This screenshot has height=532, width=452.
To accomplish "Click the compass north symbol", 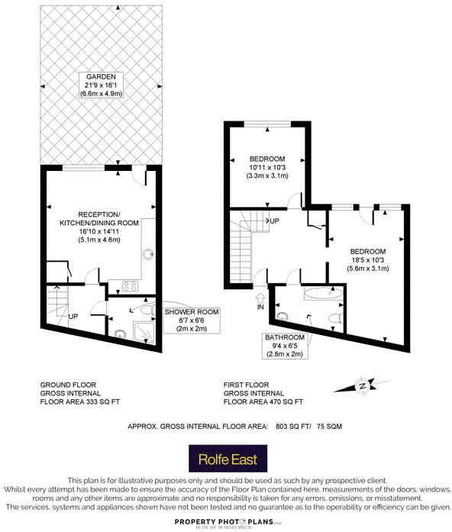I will pos(363,387).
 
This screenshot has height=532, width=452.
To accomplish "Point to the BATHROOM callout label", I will pos(285,337).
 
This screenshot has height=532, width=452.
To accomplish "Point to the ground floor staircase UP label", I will pos(74,315).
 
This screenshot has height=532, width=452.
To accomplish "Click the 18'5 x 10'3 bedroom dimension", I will pos(368,260).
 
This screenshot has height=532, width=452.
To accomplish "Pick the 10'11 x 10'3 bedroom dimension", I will pos(267,167).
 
